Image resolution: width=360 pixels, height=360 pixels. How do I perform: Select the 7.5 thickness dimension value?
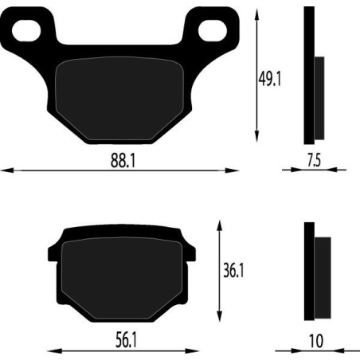(x=313, y=159)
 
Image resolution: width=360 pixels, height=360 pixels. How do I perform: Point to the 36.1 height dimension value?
(x=232, y=271)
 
